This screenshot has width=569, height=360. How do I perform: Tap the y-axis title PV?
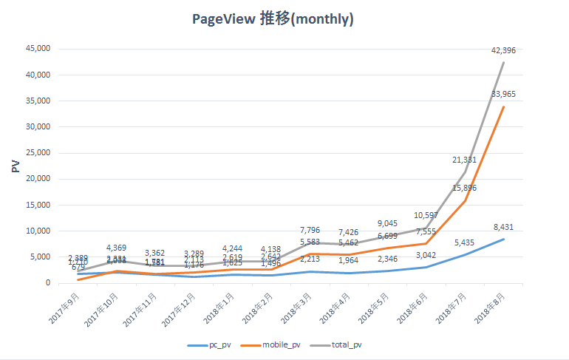tap(16, 166)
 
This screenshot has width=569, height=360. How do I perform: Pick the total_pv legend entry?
tap(347, 344)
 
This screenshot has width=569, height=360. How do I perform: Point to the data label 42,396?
tap(504, 50)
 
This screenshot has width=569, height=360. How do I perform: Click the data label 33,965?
tap(504, 95)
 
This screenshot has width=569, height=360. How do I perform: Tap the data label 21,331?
tap(464, 160)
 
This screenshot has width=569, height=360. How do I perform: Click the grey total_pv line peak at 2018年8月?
tap(504, 62)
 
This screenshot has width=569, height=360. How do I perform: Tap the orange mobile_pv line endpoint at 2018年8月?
tap(504, 106)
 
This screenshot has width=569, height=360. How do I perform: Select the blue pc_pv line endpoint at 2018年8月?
tap(504, 239)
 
